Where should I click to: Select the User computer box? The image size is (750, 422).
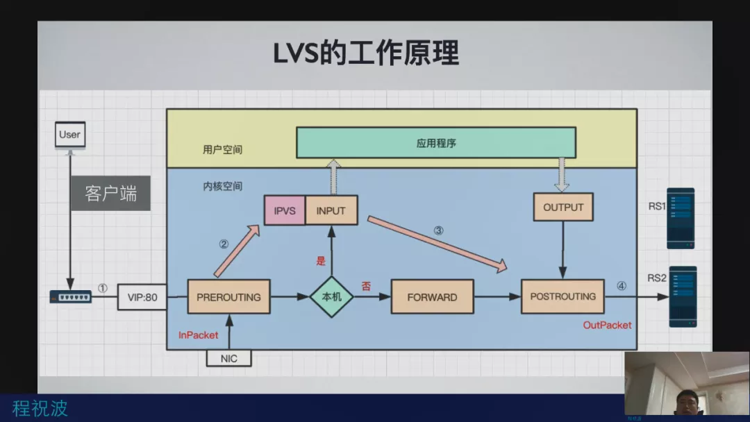(69, 135)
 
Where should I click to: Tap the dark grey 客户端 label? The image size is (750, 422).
(110, 193)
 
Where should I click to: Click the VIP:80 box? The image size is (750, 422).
(142, 298)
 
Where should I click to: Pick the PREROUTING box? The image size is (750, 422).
(228, 297)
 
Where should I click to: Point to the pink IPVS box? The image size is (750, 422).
(285, 211)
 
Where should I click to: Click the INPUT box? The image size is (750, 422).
(331, 211)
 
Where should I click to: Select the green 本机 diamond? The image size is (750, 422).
(331, 296)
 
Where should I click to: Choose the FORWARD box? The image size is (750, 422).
(432, 297)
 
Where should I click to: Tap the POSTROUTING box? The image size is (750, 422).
(562, 296)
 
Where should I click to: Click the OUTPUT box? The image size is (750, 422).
(563, 207)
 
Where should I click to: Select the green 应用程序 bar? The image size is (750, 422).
(436, 144)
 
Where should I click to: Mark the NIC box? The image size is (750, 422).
(228, 358)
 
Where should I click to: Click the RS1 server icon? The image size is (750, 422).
(681, 219)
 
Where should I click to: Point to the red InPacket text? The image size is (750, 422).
(199, 335)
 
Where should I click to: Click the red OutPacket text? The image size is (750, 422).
(607, 325)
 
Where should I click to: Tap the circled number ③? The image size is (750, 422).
(439, 231)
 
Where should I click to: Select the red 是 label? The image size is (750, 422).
(321, 261)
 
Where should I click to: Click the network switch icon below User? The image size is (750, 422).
(71, 297)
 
